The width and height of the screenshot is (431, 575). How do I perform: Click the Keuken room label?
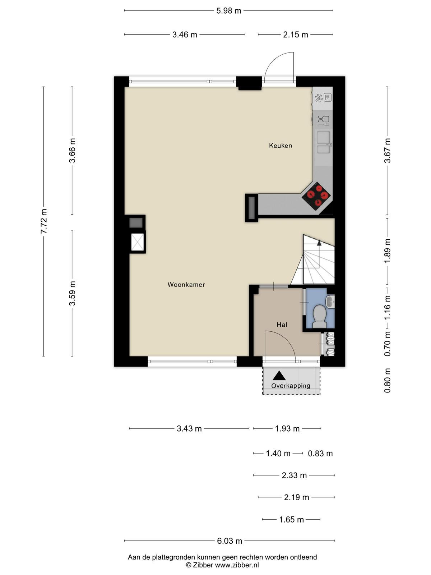tap(280, 146)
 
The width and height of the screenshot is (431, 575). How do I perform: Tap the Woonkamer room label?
tap(186, 285)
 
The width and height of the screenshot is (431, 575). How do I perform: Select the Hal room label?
tap(282, 325)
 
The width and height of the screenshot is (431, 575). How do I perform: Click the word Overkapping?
tap(291, 386)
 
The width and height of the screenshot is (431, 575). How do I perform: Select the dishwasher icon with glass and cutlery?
tap(324, 121)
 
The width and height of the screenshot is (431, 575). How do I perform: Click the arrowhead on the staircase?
tap(319, 243)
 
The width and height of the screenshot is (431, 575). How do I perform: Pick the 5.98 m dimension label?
tap(228, 11)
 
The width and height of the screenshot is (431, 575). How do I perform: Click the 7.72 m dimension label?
tap(44, 221)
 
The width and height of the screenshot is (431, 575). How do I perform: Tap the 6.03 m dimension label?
tap(230, 541)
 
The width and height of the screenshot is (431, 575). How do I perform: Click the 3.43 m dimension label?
tap(189, 428)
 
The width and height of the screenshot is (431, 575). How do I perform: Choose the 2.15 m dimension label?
tap(296, 34)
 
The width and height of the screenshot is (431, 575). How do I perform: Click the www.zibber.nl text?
tap(237, 565)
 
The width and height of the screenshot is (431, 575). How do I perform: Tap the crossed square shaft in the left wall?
tap(138, 242)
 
